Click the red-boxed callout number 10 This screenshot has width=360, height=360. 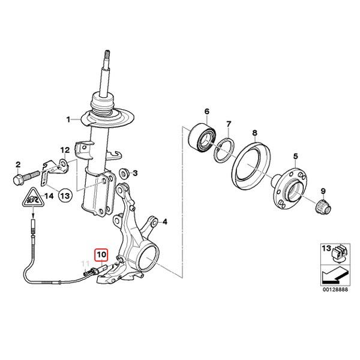(102, 254)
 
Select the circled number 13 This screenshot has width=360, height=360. (65, 196)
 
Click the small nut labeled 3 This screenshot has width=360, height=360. (124, 173)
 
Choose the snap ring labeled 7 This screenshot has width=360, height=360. (224, 150)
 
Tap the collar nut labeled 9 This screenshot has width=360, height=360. (323, 206)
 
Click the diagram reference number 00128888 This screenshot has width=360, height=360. (335, 289)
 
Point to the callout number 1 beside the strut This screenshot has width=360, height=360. (68, 119)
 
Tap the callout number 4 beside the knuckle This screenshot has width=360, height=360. (165, 222)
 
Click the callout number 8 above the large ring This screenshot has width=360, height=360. (254, 133)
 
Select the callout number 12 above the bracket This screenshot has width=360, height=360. (65, 151)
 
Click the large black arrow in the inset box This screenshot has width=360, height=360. (335, 275)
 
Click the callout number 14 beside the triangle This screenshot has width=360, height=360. (49, 196)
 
